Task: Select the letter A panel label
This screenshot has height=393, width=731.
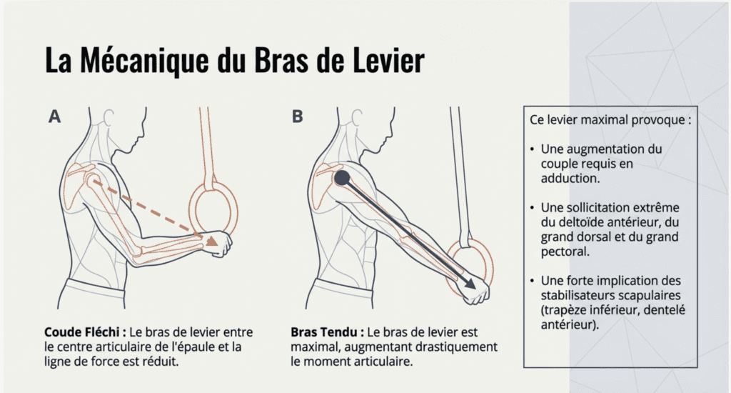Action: tap(54, 116)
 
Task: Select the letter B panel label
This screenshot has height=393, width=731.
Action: tap(298, 116)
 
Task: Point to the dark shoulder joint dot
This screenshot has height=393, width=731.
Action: tap(342, 178)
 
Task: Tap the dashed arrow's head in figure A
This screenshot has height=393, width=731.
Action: tap(212, 240)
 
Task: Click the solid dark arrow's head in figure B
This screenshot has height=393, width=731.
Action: tap(470, 283)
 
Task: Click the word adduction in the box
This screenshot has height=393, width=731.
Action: tap(570, 179)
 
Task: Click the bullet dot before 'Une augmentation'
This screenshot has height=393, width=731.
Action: tap(532, 149)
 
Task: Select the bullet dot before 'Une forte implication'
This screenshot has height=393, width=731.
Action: tap(532, 281)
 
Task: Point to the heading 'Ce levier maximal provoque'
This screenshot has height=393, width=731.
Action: tap(610, 120)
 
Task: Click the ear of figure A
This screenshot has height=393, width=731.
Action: tap(109, 118)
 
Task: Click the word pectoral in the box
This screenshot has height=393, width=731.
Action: tap(565, 252)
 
